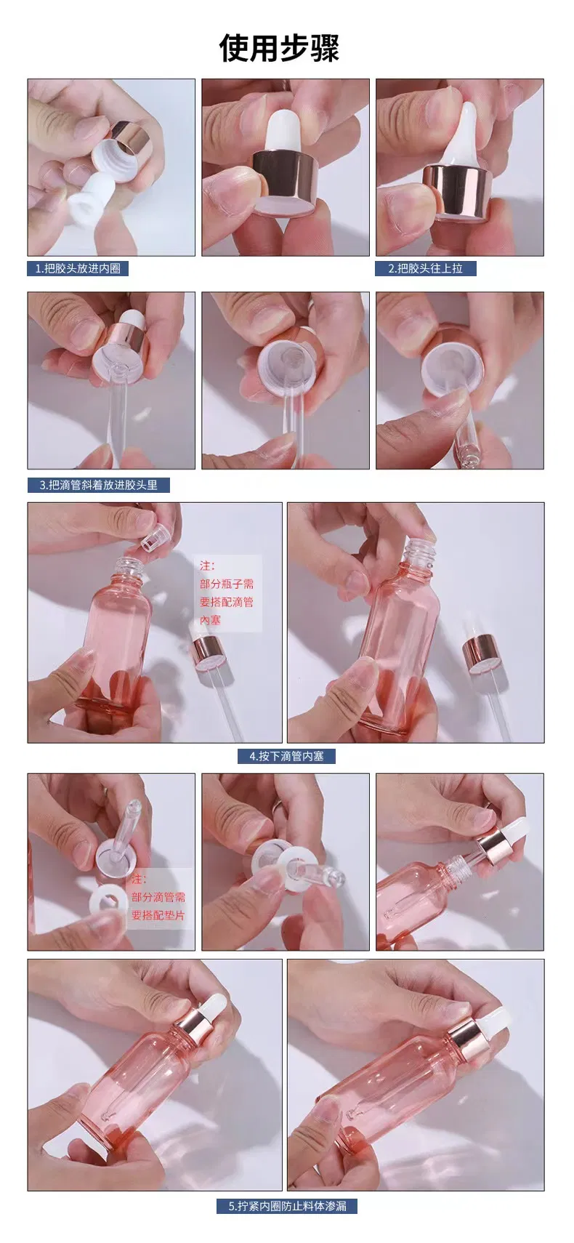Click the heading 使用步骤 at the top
[x=280, y=48]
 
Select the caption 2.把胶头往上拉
[x=425, y=268]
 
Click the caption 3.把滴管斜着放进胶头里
[x=98, y=484]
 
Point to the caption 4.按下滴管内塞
[x=286, y=756]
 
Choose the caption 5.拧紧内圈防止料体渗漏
[x=287, y=1206]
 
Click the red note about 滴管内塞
[x=227, y=592]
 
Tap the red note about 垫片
[x=158, y=897]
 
